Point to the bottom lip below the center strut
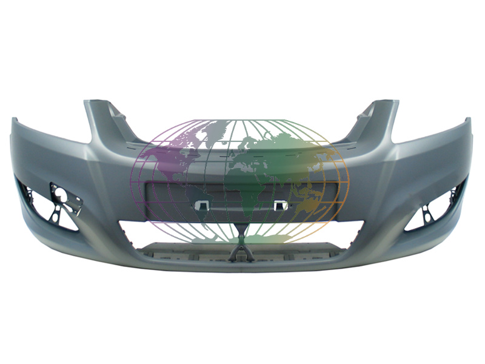tap(241, 267)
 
